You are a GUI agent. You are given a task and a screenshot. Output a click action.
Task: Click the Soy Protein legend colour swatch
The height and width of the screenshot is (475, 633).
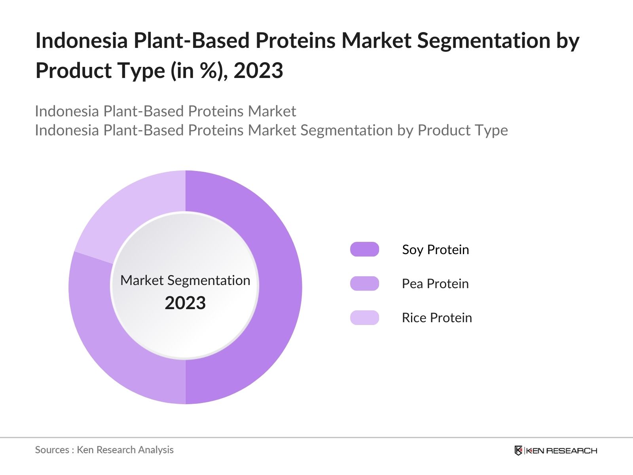click(x=364, y=249)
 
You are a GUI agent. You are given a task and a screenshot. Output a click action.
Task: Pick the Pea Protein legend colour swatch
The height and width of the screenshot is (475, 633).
click(x=364, y=283)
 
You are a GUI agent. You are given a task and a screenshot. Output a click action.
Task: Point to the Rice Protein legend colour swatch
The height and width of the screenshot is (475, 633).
click(x=364, y=317)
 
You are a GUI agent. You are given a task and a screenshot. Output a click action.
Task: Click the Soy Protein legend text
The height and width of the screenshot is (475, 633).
click(x=435, y=250)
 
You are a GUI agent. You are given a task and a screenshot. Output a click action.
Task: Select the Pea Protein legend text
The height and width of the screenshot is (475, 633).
click(x=435, y=284)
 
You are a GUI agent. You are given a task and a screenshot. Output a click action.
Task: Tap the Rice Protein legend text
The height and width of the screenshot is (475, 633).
click(x=437, y=318)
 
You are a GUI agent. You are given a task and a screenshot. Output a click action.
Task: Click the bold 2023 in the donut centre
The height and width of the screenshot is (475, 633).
click(x=185, y=303)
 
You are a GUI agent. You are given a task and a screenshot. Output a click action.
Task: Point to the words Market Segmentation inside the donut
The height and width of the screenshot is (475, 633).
click(x=185, y=280)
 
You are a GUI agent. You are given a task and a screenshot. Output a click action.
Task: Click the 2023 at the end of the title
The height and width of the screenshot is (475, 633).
click(x=258, y=71)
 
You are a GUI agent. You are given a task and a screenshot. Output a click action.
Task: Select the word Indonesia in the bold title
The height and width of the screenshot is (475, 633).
click(x=81, y=40)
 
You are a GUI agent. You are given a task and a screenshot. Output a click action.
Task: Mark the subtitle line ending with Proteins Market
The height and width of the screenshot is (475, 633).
click(x=165, y=111)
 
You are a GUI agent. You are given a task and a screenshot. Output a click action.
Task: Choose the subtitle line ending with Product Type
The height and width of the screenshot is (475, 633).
click(x=271, y=130)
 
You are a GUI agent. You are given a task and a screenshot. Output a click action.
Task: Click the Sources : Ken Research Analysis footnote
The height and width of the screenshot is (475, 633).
click(x=104, y=450)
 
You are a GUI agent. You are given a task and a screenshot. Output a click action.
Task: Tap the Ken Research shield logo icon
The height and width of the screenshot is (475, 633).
click(x=518, y=450)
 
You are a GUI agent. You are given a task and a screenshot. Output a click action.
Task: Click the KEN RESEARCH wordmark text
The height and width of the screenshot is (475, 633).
click(x=561, y=450)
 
